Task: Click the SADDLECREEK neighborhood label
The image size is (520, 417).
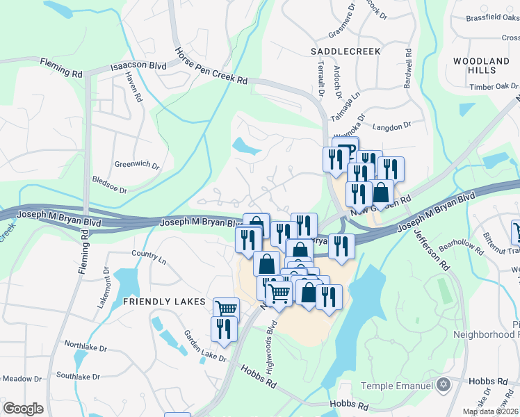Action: coord(345,51)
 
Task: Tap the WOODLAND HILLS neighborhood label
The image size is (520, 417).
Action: coord(485,66)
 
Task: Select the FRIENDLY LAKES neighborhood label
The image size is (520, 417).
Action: coord(164,302)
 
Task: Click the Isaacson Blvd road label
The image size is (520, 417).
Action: coord(138,67)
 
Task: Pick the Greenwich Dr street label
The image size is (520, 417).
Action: coord(137,166)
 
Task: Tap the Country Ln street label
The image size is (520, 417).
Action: coord(153,258)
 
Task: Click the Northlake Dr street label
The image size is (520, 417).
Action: coord(86,345)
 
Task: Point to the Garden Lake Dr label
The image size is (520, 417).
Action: coord(205,345)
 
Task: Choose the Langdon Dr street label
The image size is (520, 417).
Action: coord(392,126)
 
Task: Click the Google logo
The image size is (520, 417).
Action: coord(24,409)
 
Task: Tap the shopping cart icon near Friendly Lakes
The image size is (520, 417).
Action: coord(226,308)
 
